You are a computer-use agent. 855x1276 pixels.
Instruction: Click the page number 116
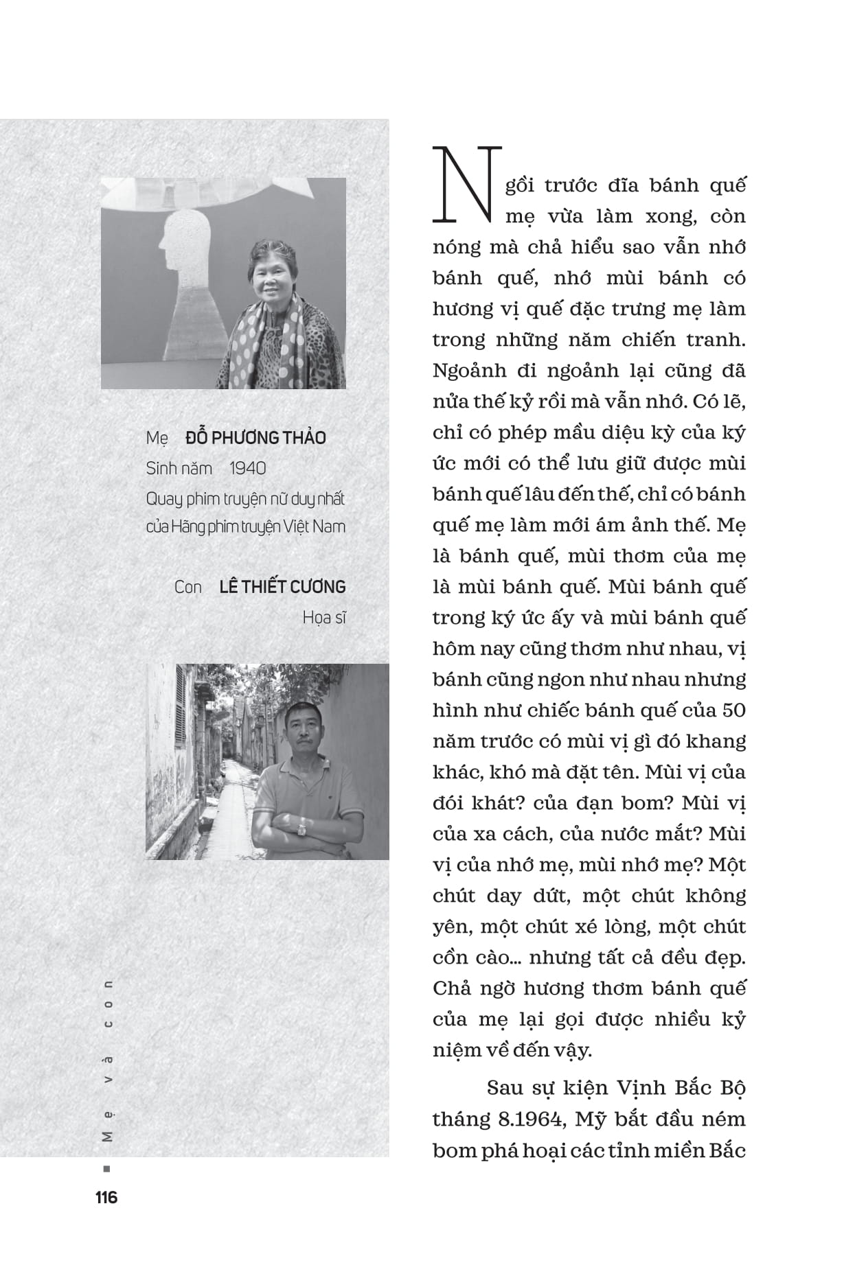[x=106, y=1197]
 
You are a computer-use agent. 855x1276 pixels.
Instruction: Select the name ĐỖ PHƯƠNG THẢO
[x=255, y=438]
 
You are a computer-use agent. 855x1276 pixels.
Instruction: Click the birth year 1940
[x=247, y=468]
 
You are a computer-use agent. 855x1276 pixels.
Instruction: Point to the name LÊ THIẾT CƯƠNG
[x=282, y=587]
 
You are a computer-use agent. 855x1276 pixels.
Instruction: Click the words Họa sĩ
[x=324, y=618]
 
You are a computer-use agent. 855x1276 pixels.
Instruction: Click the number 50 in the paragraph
[x=733, y=710]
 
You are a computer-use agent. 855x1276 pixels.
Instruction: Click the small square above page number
[x=106, y=1169]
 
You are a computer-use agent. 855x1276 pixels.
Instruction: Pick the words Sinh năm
[x=179, y=468]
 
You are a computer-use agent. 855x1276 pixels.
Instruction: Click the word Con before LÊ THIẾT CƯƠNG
[x=187, y=587]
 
